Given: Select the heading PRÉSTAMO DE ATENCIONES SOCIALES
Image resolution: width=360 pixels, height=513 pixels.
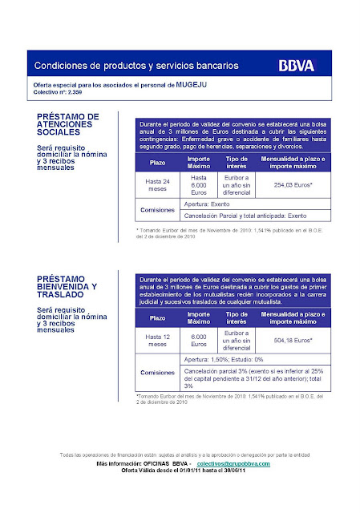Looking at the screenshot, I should coord(69,125).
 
